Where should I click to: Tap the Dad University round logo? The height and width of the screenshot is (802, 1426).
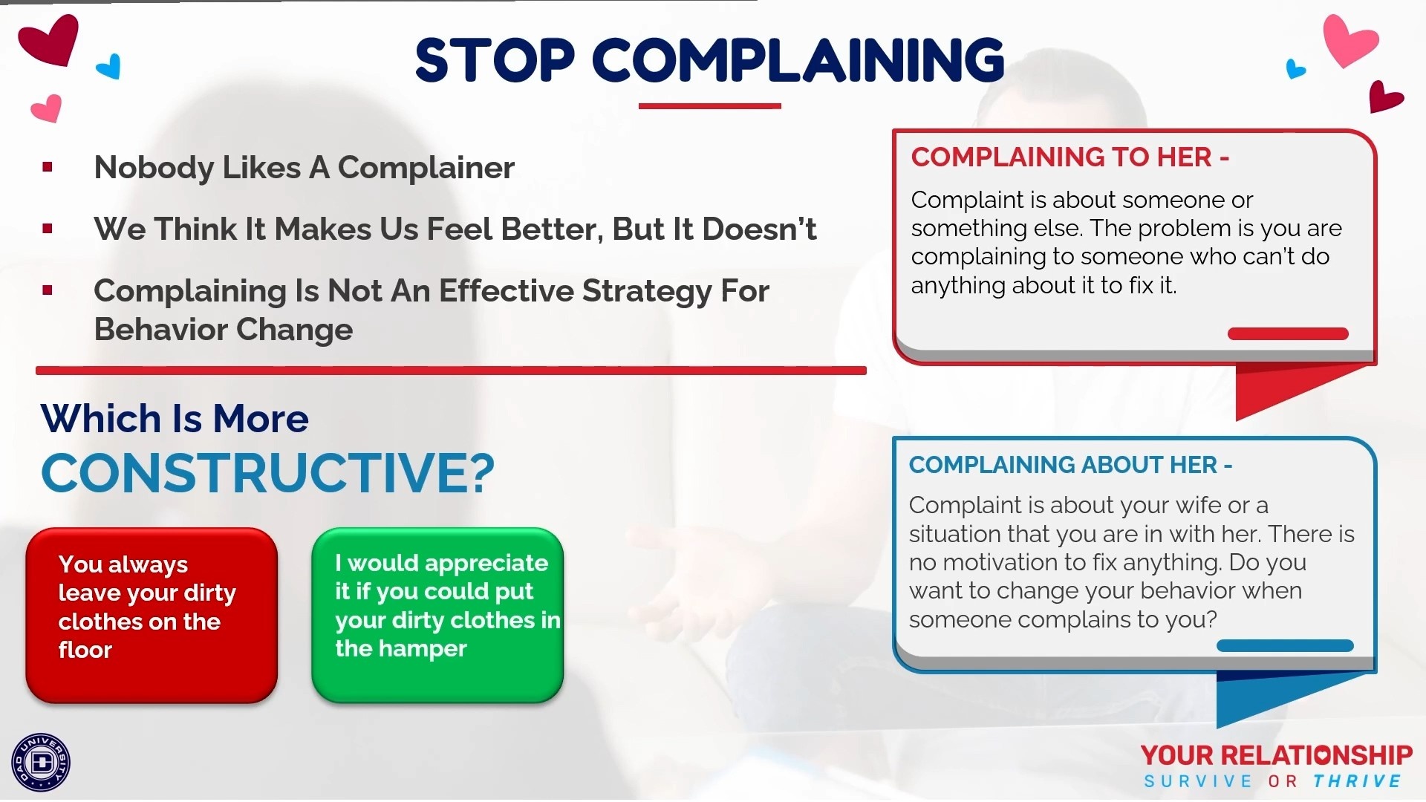41,763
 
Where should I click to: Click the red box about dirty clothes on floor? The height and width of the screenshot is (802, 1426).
152,616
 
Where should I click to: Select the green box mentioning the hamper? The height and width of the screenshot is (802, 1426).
437,616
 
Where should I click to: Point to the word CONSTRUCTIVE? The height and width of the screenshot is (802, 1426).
267,473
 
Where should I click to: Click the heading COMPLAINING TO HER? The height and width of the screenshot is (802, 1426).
1070,157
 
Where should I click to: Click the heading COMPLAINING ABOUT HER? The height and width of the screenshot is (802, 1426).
1070,465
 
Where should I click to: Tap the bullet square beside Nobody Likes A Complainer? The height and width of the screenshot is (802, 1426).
48,167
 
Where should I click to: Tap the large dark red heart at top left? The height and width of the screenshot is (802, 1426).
49,40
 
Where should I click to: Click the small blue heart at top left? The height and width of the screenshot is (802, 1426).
109,67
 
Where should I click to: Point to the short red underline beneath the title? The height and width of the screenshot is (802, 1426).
710,106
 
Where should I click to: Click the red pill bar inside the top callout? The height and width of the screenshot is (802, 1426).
1288,334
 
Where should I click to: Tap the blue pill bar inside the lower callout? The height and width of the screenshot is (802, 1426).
1285,646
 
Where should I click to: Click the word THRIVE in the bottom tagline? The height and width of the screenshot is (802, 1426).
1357,781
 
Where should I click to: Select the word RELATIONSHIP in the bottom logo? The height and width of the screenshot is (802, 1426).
1317,756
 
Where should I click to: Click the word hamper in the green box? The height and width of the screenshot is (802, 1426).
421,649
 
